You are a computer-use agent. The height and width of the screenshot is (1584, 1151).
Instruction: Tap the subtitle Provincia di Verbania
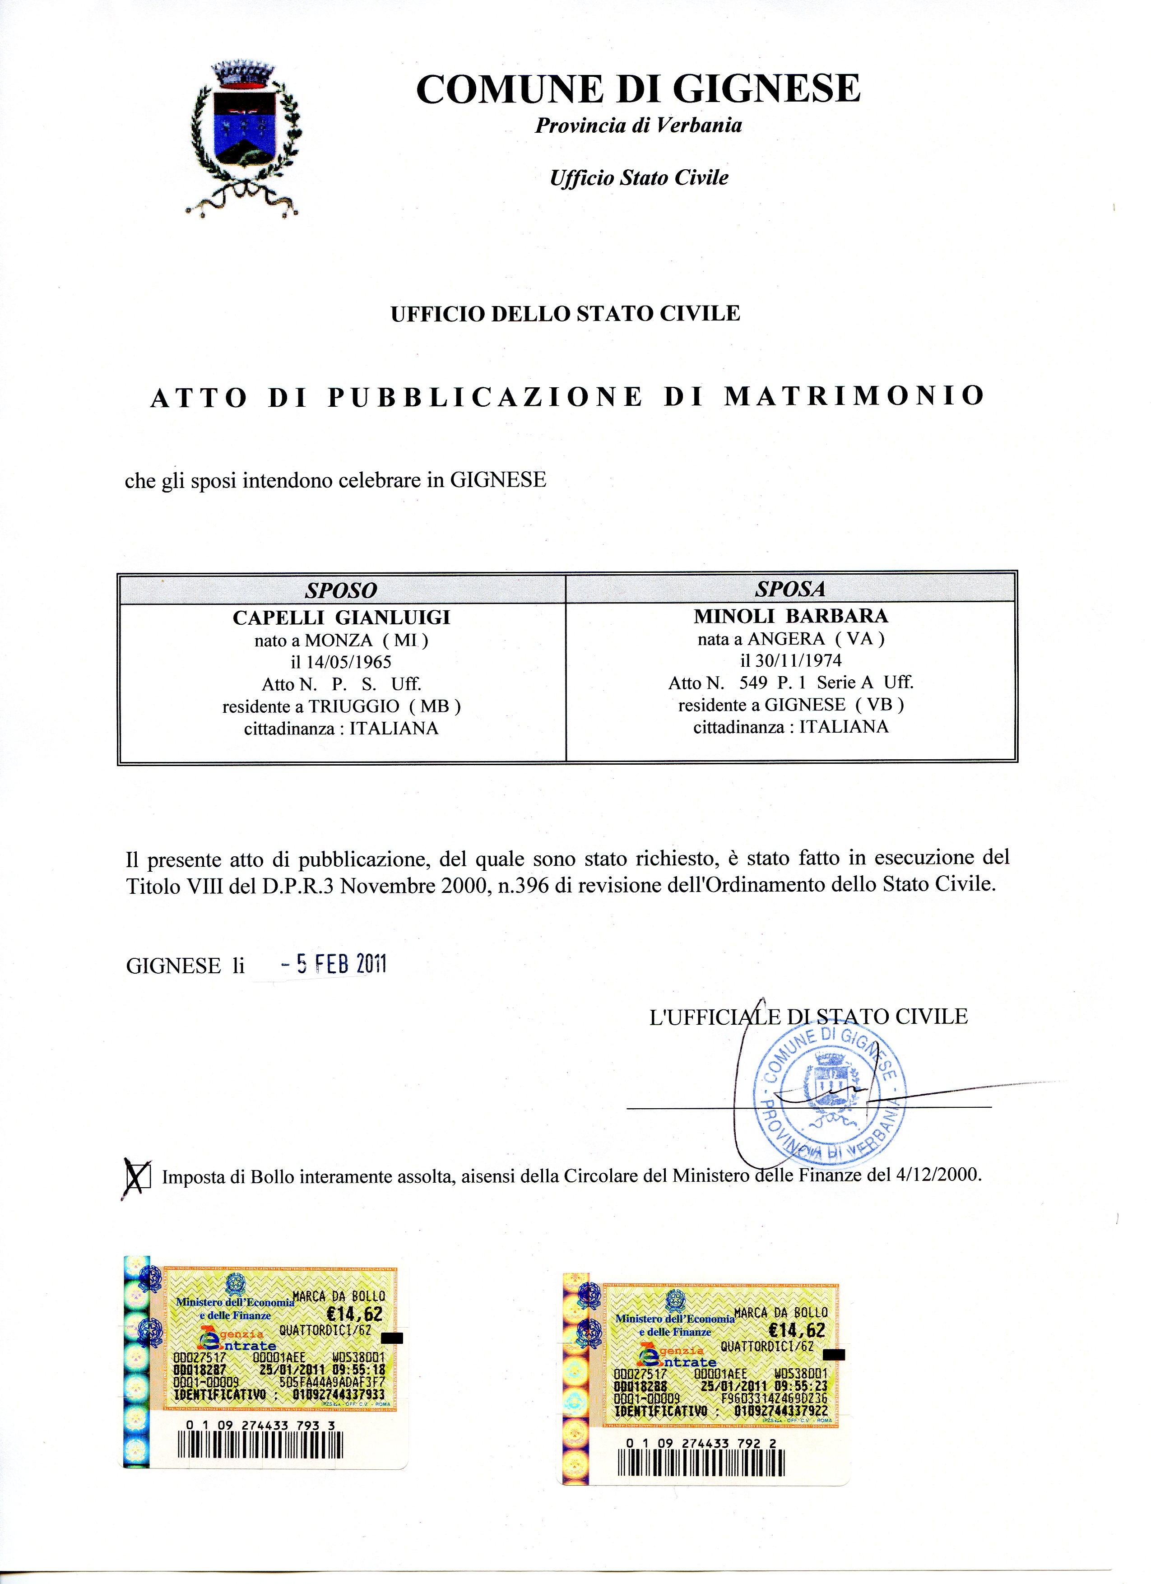[638, 125]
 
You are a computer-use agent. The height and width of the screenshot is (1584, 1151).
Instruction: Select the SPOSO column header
[341, 590]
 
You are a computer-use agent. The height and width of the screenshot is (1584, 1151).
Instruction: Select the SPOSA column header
[790, 589]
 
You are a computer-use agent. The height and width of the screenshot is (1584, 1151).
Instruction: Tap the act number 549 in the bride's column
[753, 683]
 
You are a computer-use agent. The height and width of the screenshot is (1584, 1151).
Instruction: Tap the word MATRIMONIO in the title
[854, 396]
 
